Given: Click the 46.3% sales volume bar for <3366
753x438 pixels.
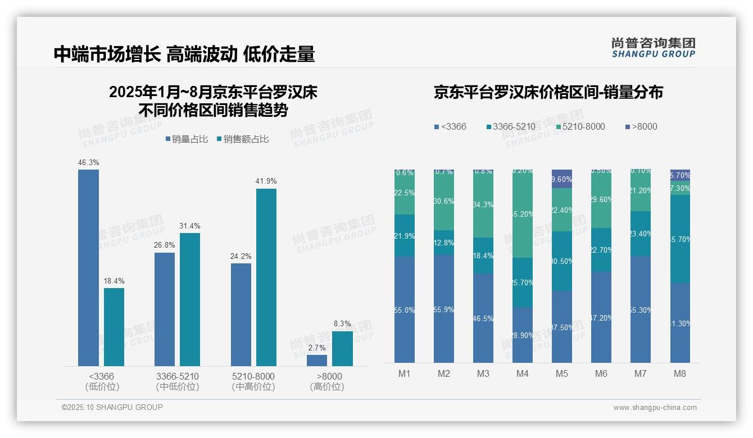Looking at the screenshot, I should click(88, 268).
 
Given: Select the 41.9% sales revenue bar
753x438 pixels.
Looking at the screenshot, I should click(266, 277).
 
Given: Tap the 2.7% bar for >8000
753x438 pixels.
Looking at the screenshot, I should click(317, 361).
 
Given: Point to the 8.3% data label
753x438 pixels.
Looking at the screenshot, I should click(342, 324).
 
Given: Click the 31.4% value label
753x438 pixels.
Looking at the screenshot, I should click(190, 226).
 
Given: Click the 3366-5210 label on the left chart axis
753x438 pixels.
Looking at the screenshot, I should click(178, 376).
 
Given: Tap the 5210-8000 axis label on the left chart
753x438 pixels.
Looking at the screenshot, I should click(253, 376).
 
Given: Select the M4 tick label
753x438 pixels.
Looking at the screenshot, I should click(523, 374).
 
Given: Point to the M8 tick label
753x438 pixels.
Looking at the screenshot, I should click(680, 374).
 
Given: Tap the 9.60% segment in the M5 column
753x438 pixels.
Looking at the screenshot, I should click(562, 179).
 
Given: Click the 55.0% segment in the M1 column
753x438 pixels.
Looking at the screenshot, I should click(405, 310).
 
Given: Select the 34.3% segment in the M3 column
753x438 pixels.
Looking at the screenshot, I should click(483, 204).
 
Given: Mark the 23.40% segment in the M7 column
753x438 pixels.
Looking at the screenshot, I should click(641, 234).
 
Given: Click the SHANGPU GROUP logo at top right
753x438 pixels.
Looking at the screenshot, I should click(654, 48).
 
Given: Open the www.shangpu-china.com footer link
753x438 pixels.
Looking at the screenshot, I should click(655, 408).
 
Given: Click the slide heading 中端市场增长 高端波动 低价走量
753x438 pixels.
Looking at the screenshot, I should click(184, 54).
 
